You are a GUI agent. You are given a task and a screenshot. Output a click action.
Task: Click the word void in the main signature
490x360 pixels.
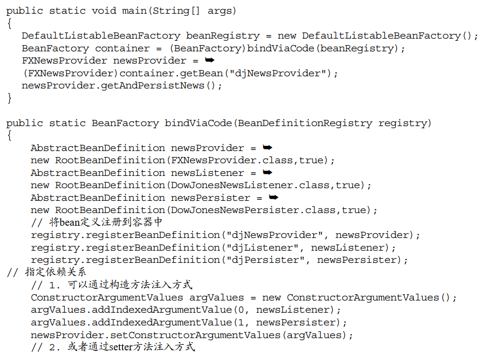coord(104,11)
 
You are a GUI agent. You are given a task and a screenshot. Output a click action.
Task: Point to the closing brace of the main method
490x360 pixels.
coord(9,98)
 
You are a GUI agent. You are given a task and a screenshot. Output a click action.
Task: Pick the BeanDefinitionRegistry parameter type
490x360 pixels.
coord(305,123)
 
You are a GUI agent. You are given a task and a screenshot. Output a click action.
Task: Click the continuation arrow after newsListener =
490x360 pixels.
coord(268,172)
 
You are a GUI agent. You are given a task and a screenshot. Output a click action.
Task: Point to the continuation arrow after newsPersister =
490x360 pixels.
coord(273,197)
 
